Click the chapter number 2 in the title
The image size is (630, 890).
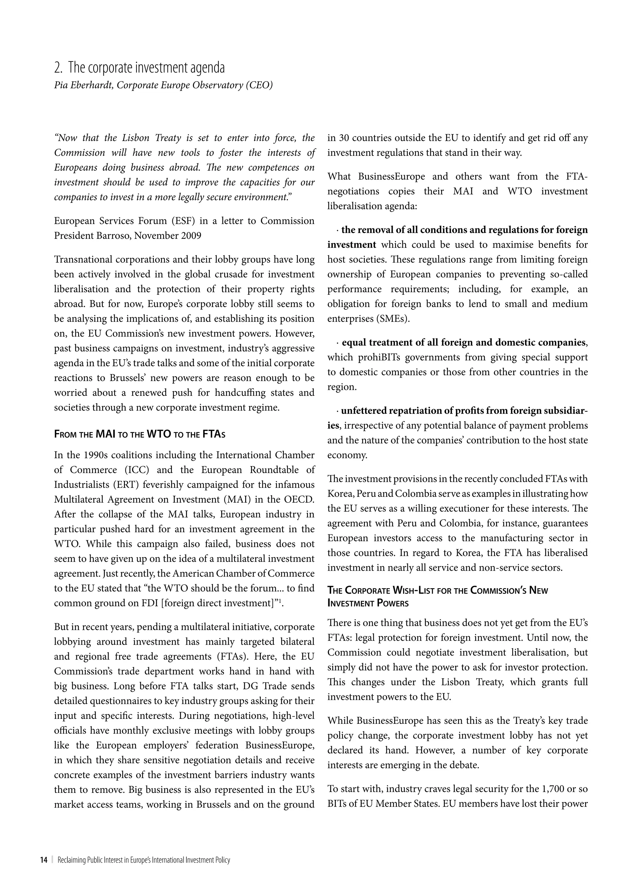point(58,68)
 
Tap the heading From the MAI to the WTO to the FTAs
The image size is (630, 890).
point(140,434)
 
